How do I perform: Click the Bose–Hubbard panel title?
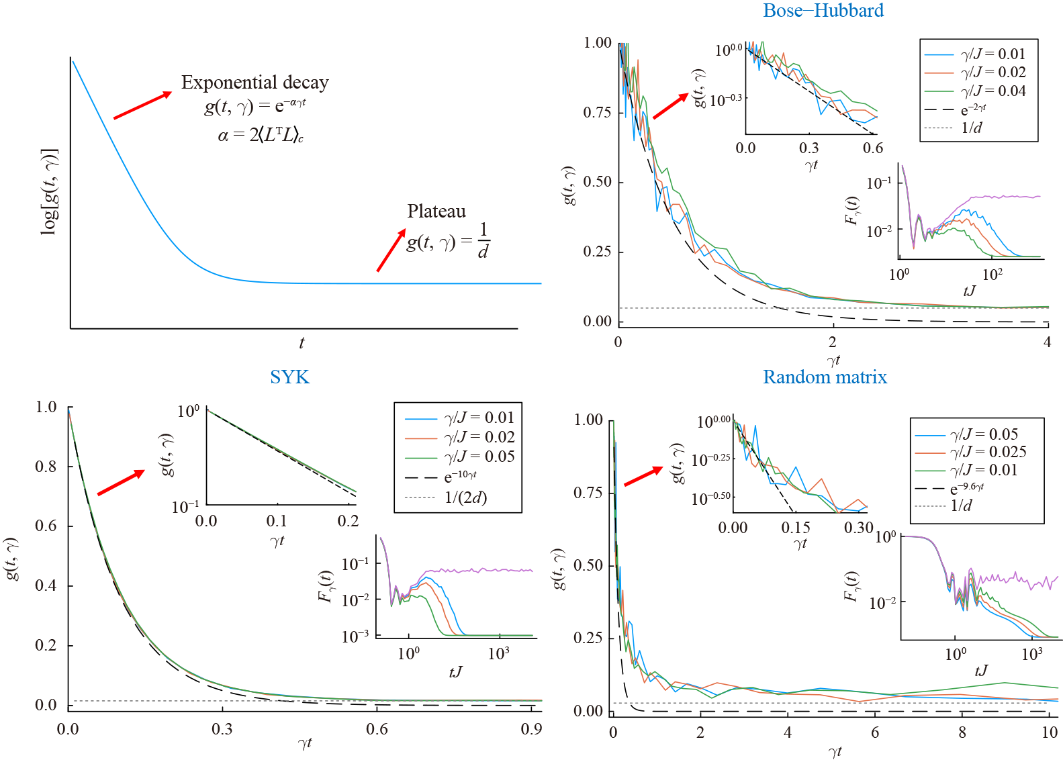[x=823, y=11]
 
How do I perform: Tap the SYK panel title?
[x=289, y=377]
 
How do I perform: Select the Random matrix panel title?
[x=825, y=377]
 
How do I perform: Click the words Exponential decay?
[x=255, y=83]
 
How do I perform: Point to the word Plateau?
[x=436, y=211]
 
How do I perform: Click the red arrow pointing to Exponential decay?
[x=142, y=105]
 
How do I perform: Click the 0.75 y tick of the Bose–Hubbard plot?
[x=597, y=112]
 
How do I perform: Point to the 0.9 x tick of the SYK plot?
[x=531, y=729]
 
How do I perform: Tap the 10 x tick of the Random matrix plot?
[x=1049, y=732]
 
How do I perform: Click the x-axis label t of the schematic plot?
[x=302, y=343]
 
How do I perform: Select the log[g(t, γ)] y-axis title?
[x=49, y=192]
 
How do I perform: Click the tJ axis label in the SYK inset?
[x=455, y=672]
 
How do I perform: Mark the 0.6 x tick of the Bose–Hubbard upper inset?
[x=872, y=148]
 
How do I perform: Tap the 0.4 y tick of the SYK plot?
[x=46, y=585]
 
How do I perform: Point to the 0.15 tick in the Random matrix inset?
[x=796, y=528]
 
